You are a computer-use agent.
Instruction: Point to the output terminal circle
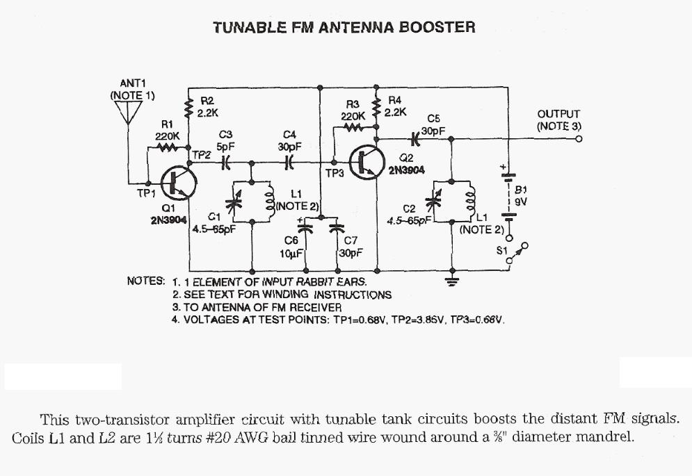[578, 139]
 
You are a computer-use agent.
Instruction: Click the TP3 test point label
[335, 174]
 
